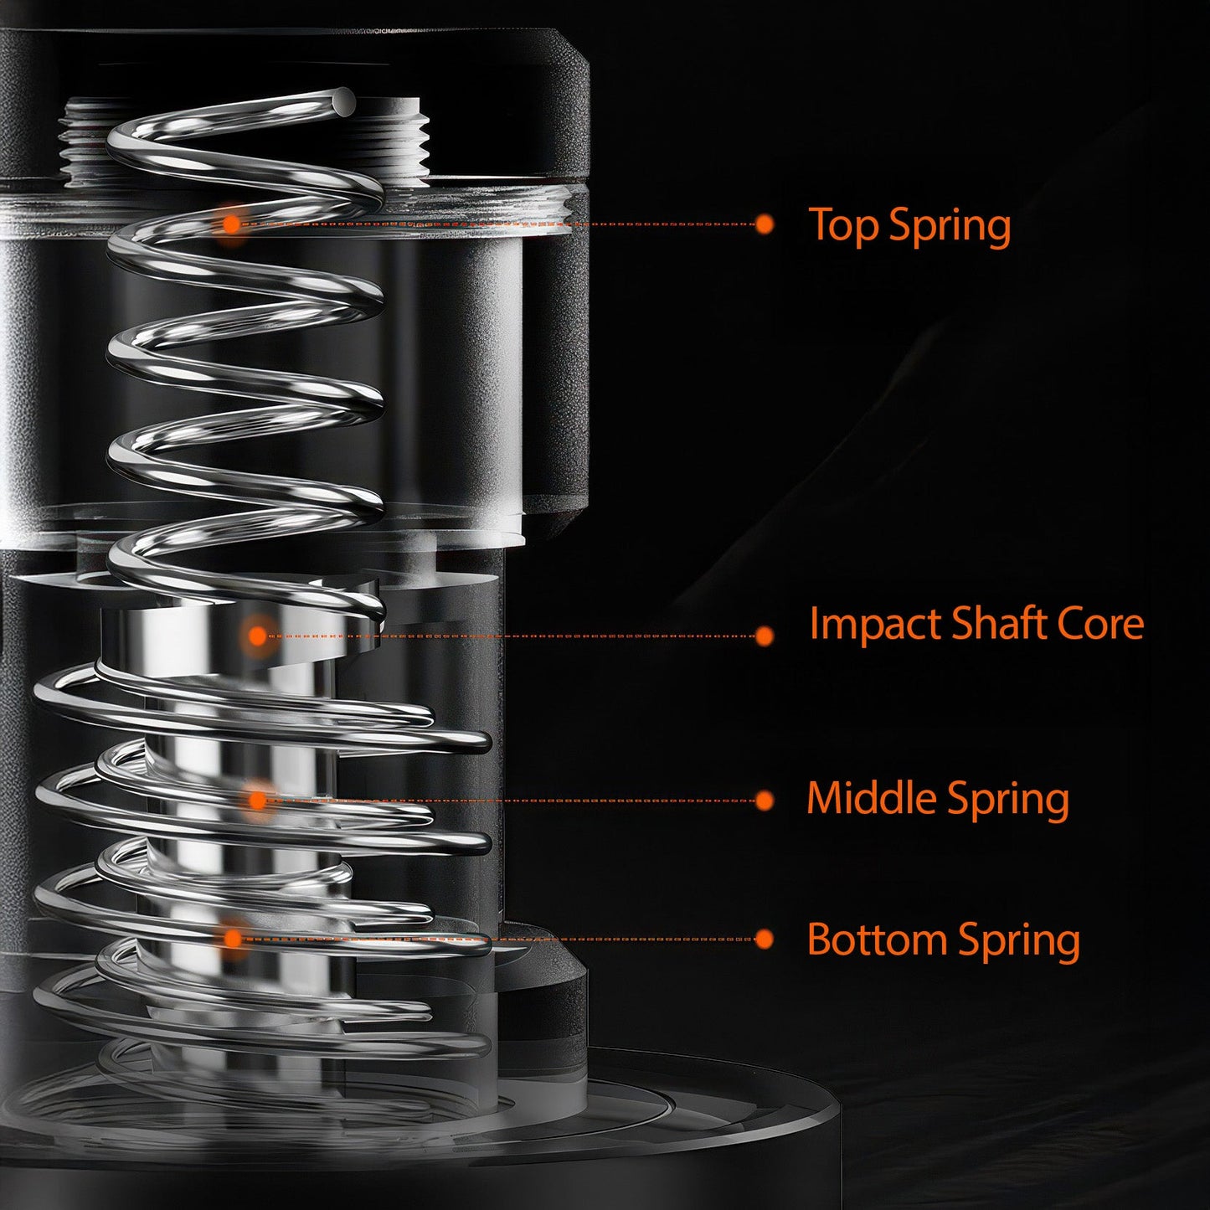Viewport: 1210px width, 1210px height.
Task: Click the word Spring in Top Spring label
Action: click(x=950, y=227)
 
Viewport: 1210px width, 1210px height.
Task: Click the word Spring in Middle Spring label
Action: click(x=1008, y=800)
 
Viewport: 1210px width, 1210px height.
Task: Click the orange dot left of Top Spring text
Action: click(x=764, y=224)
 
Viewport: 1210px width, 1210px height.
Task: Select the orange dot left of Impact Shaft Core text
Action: click(x=764, y=636)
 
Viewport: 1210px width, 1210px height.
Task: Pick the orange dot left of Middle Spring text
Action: click(x=764, y=801)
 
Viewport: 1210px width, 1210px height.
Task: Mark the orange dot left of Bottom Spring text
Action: click(x=764, y=940)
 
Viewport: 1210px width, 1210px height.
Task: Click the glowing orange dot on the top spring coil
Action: click(x=230, y=224)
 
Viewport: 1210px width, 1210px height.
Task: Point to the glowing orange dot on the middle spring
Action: click(x=258, y=801)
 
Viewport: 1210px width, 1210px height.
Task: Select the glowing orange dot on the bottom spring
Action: click(x=233, y=940)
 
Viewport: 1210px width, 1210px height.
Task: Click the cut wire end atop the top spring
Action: click(x=342, y=101)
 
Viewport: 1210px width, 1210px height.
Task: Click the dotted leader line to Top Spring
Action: click(x=502, y=224)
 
